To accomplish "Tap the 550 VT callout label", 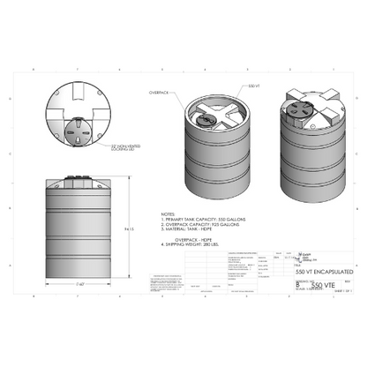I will pos(253,86).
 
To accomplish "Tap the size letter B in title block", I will pos(295,285).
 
